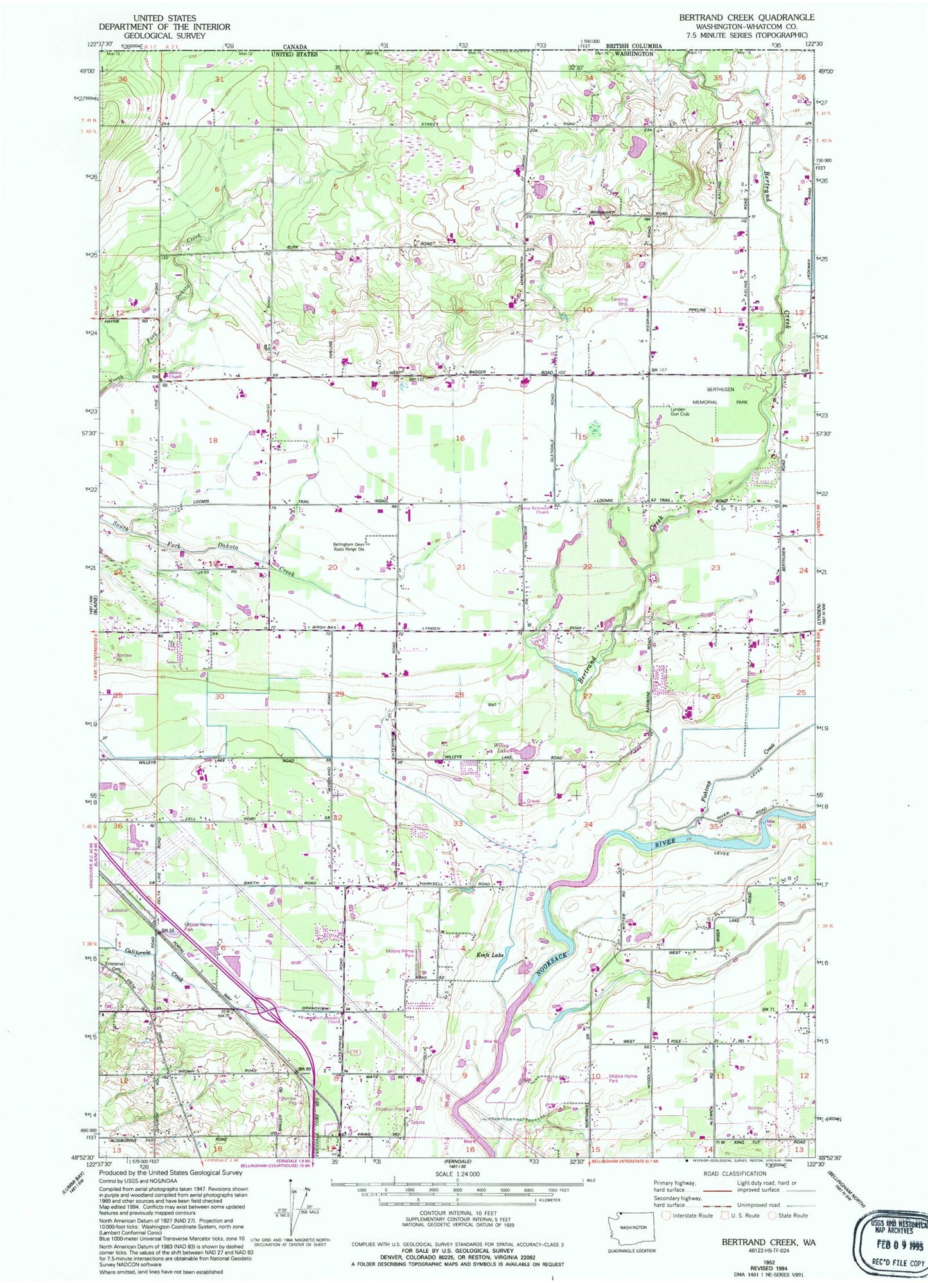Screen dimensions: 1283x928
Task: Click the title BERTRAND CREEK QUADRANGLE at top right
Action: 746,17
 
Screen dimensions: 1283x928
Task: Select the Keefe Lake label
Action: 491,956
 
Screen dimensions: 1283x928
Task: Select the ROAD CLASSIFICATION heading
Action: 733,1173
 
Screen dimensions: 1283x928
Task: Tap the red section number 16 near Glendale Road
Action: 460,438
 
